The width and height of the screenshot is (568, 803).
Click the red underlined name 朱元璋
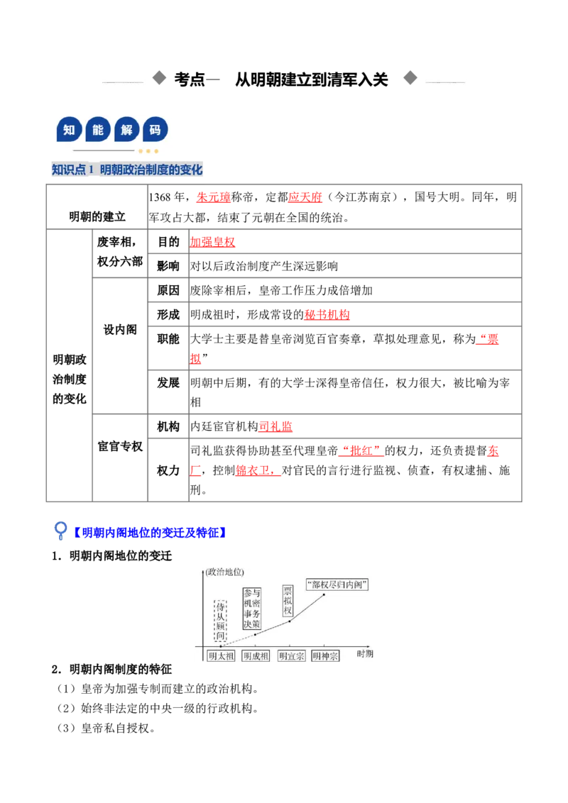(x=213, y=197)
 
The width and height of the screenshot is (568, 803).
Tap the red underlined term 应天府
(x=305, y=197)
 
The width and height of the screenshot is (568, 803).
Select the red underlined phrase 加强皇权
(x=212, y=242)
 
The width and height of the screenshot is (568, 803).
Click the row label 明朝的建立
(x=97, y=216)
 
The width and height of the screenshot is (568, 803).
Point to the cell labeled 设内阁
(x=120, y=330)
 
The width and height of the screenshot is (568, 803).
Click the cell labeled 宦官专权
(x=120, y=447)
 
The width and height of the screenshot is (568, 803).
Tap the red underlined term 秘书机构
(x=327, y=315)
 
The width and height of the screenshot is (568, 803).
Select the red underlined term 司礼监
(x=275, y=426)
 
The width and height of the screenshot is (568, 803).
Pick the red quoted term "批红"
(x=361, y=450)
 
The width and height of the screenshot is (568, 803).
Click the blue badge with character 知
(x=69, y=130)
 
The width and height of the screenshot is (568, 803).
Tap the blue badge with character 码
(x=155, y=130)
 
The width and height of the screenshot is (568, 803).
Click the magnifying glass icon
(x=60, y=531)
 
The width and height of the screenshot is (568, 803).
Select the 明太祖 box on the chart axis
(x=221, y=656)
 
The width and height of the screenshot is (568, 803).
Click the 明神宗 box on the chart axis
(x=325, y=656)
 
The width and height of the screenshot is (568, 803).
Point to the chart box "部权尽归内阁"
(x=337, y=585)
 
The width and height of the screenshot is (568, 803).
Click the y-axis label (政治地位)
(x=224, y=572)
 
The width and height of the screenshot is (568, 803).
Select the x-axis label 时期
(x=365, y=654)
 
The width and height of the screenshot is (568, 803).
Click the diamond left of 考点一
(x=160, y=78)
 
